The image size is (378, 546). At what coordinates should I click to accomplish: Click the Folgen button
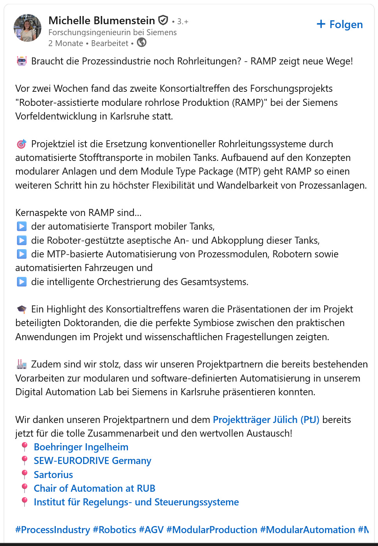[340, 25]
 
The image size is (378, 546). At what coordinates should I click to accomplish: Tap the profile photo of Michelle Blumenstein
[27, 28]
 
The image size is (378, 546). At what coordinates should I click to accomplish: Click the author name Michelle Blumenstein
[101, 20]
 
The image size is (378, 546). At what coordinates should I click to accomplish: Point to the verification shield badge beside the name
[163, 20]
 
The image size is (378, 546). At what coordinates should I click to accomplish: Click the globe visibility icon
[142, 43]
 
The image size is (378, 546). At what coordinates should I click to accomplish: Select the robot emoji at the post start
[21, 61]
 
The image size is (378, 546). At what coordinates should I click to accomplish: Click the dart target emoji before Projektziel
[21, 144]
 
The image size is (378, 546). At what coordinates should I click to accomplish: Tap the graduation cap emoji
[21, 309]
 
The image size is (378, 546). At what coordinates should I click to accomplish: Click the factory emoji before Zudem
[21, 364]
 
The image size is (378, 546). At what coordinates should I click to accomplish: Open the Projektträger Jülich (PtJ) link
[266, 420]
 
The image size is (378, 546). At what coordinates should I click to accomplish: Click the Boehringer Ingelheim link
[81, 447]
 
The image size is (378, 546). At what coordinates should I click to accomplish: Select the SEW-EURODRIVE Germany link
[92, 461]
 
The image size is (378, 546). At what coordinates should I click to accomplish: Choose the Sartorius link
[53, 475]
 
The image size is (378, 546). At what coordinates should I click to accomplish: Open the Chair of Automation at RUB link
[94, 489]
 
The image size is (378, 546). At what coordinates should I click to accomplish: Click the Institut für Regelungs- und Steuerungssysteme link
[136, 502]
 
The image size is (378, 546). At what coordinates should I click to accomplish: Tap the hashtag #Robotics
[114, 530]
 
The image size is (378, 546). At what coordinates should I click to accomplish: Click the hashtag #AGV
[151, 530]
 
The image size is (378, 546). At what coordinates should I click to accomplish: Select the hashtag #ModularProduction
[212, 530]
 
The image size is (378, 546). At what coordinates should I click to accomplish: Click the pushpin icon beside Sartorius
[25, 475]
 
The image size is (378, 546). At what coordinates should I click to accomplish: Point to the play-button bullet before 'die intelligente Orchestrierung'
[22, 282]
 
